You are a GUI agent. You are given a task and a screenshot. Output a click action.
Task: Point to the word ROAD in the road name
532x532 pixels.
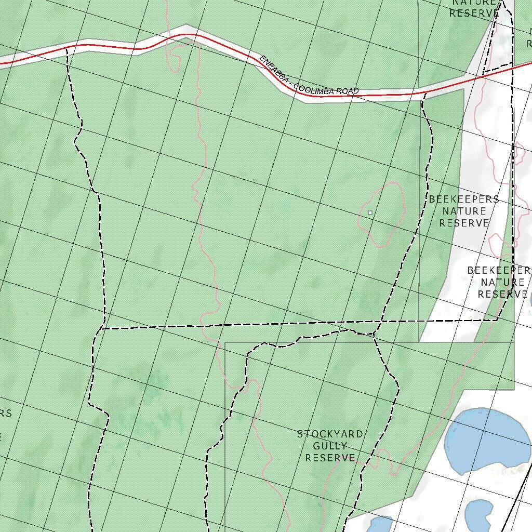point(348,91)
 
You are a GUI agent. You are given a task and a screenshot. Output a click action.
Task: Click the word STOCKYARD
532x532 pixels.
point(330,434)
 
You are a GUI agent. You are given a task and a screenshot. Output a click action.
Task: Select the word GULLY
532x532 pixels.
point(330,446)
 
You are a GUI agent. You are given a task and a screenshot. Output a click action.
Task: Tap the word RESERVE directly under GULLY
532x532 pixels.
point(330,458)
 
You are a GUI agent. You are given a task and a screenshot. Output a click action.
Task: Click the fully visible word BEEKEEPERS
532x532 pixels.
point(463,199)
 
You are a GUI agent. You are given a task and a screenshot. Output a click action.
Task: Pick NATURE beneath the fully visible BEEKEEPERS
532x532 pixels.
point(464,211)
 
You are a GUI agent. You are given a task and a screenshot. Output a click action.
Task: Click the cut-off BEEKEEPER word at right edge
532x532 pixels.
point(499,270)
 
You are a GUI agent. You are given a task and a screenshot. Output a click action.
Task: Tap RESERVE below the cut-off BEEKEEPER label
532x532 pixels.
point(502,294)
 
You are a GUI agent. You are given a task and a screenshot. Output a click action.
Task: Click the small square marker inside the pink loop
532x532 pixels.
point(370,212)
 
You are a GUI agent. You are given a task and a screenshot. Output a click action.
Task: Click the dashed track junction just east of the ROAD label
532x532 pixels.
point(425,94)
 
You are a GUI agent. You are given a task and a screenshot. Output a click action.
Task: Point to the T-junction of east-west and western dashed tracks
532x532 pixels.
point(103,328)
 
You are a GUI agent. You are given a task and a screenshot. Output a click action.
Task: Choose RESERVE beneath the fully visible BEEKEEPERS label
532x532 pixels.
point(464,223)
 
